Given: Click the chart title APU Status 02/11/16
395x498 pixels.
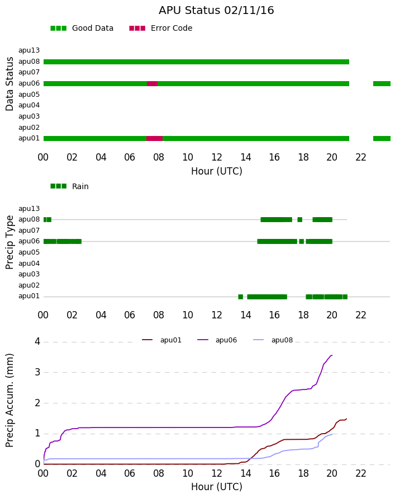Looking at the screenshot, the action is (216, 10).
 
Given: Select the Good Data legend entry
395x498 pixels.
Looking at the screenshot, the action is (82, 29).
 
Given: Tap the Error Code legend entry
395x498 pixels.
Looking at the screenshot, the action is (161, 29).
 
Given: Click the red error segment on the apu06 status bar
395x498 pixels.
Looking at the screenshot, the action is (152, 84).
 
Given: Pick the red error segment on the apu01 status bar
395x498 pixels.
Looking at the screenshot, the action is (154, 138).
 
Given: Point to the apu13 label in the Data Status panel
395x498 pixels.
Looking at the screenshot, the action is (29, 50).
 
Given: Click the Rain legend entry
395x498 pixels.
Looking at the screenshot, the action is (69, 186).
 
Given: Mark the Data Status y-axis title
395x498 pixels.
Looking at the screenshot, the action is (9, 84).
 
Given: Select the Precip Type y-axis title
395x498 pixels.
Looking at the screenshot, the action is (9, 242).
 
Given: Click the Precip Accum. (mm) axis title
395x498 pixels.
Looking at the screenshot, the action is (9, 401).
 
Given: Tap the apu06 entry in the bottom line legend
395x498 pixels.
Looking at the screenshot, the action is (217, 340).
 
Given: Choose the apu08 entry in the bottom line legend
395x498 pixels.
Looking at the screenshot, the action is (273, 340).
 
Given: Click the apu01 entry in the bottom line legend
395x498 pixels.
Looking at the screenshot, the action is (161, 340).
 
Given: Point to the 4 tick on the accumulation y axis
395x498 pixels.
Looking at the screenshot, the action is (38, 342).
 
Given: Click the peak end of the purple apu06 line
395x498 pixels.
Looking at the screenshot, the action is (332, 355).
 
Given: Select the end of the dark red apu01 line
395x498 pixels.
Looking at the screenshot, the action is (346, 419).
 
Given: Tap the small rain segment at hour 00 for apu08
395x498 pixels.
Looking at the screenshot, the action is (47, 219).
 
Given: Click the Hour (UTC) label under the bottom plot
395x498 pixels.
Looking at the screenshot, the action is (217, 487).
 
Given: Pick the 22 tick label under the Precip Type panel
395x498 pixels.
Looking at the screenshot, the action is (361, 315).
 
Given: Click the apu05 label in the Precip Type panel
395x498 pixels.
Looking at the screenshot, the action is (29, 252).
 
